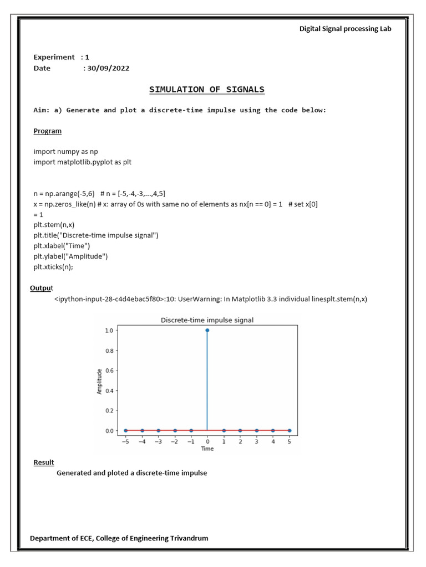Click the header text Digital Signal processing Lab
[x=345, y=29]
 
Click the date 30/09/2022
[x=106, y=68]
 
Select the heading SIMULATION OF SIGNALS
[x=207, y=89]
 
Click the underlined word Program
[x=48, y=131]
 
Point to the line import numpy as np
[x=66, y=151]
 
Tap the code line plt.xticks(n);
[x=53, y=266]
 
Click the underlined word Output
[x=42, y=287]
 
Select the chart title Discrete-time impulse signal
[x=207, y=320]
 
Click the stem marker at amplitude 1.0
[x=207, y=330]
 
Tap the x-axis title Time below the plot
[x=207, y=449]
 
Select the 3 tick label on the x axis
[x=256, y=441]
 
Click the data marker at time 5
[x=290, y=430]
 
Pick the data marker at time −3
[x=158, y=430]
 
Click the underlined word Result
[x=44, y=462]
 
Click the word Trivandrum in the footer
[x=183, y=538]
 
